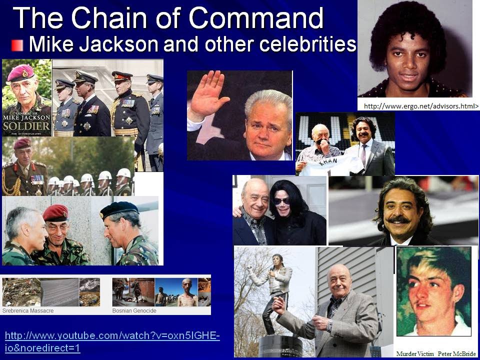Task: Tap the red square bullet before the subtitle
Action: pos(17,45)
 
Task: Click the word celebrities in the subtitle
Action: pos(307,44)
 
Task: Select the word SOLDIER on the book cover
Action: pos(26,126)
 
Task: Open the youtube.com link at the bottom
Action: pos(112,342)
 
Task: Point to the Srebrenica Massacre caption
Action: pos(28,310)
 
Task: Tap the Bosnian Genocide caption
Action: pos(134,310)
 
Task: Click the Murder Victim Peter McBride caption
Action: pos(436,353)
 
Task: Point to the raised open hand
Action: pos(208,92)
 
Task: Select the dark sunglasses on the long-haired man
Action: pos(281,201)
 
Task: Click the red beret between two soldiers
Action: pos(55,212)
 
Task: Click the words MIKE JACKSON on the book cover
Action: pos(26,117)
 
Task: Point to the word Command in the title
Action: pos(255,18)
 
